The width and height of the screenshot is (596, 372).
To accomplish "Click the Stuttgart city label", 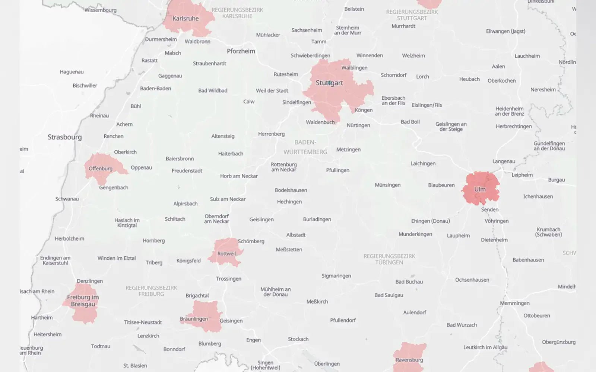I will (x=329, y=83).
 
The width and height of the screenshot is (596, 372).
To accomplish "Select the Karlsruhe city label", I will (x=186, y=19).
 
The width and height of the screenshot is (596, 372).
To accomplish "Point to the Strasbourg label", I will (x=64, y=137).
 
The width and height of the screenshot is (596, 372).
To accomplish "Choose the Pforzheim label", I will (x=241, y=51).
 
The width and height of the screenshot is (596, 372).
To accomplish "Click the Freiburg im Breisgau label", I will (x=83, y=301).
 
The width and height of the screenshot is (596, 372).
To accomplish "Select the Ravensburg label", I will (x=409, y=360).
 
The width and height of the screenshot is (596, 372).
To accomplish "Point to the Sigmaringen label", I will (x=336, y=276).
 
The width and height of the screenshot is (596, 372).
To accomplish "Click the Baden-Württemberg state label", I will (x=305, y=147).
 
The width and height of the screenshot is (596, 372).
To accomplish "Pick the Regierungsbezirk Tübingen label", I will (x=389, y=259).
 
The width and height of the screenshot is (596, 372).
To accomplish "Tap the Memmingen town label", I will (x=514, y=303).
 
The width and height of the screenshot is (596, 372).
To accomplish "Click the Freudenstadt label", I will (x=187, y=171).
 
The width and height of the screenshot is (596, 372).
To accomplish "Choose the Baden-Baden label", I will (x=155, y=89).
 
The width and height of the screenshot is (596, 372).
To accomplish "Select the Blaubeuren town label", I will (x=441, y=185).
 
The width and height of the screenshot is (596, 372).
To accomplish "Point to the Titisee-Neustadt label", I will (x=143, y=322).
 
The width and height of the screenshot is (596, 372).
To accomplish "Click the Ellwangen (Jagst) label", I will (x=505, y=31).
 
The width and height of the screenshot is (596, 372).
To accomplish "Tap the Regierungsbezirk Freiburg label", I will (x=151, y=291).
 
